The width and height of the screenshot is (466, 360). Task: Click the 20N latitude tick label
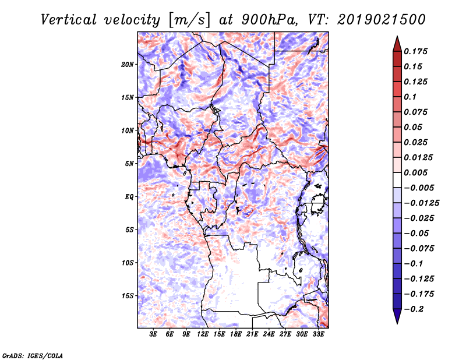click(128, 64)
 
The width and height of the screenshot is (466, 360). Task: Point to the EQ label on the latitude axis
click(129, 196)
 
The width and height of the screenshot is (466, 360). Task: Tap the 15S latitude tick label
click(128, 296)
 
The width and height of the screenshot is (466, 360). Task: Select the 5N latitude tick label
click(129, 164)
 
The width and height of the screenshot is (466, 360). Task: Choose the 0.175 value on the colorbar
click(416, 51)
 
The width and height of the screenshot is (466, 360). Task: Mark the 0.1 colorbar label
click(412, 97)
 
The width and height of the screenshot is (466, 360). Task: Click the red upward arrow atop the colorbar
click(397, 43)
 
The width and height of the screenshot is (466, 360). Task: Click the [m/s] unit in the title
click(188, 20)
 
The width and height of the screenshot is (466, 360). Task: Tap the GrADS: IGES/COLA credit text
click(33, 355)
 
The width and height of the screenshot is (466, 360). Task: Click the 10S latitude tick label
click(128, 263)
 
